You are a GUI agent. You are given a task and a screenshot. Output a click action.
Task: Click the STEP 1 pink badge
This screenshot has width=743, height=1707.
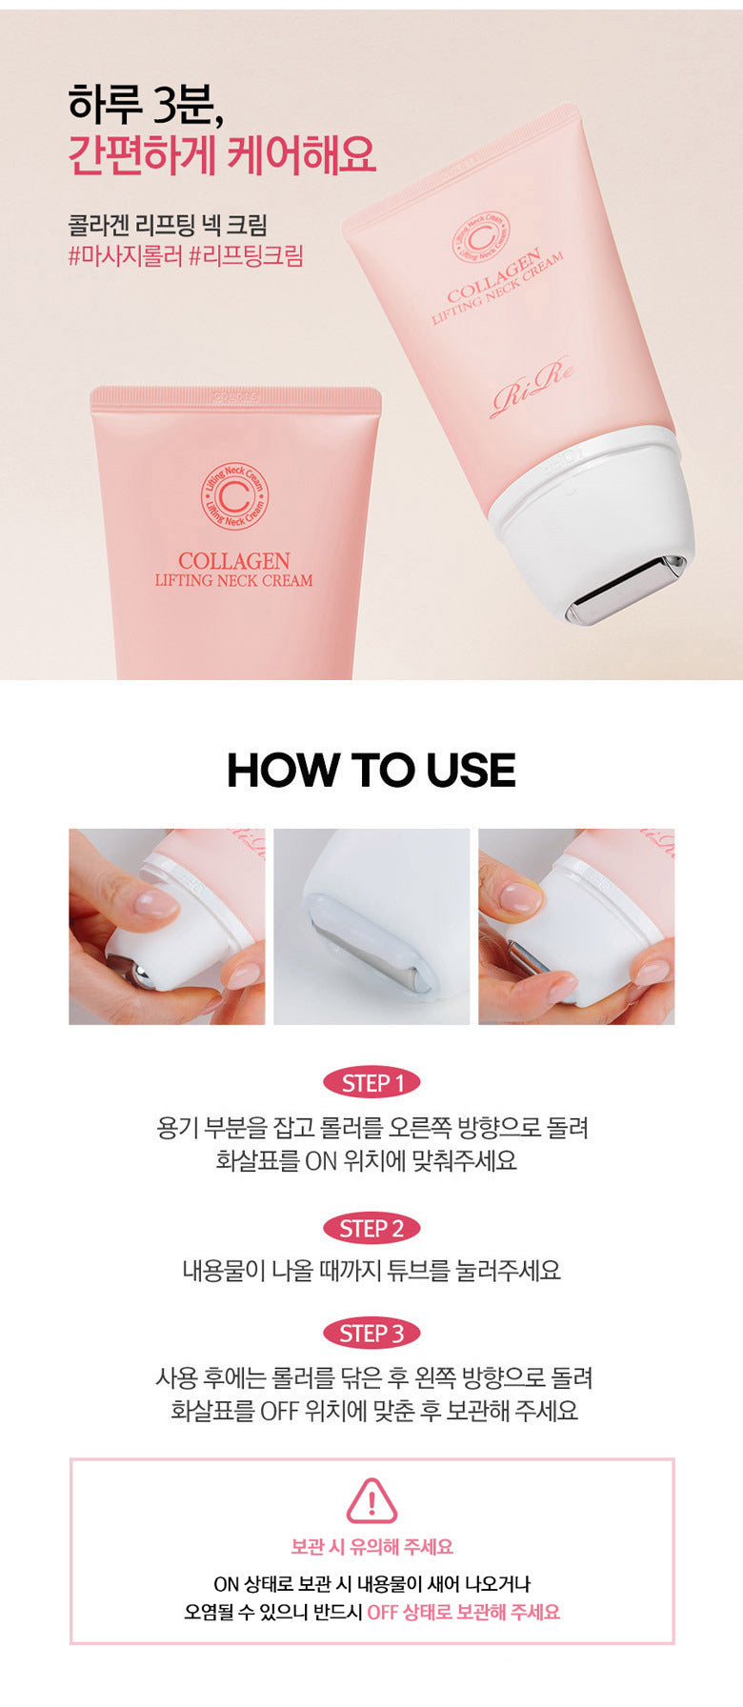click(x=371, y=1083)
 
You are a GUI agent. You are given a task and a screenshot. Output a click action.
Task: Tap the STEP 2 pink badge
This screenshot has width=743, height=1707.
click(x=371, y=1229)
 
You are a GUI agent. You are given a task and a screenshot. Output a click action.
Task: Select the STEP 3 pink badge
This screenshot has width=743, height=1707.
click(x=371, y=1334)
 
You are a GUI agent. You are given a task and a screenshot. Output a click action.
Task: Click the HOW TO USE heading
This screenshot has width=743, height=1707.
click(x=371, y=771)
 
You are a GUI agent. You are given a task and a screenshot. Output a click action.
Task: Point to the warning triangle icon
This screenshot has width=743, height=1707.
click(x=371, y=1501)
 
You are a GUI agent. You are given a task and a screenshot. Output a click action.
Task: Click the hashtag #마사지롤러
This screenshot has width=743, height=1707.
click(x=125, y=255)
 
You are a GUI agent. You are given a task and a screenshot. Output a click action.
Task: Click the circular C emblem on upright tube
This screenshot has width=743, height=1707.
click(x=234, y=496)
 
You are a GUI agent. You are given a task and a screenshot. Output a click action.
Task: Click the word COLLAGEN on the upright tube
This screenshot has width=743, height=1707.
click(x=234, y=561)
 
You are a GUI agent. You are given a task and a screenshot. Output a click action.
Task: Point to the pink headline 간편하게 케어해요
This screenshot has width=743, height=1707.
click(x=222, y=155)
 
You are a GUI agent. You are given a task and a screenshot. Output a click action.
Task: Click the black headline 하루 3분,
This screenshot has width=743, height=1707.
click(x=146, y=104)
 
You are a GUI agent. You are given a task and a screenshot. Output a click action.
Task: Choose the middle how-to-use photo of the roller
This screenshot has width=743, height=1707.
click(x=371, y=927)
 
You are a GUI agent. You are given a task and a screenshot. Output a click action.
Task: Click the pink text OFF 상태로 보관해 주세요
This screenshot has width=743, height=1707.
click(x=464, y=1612)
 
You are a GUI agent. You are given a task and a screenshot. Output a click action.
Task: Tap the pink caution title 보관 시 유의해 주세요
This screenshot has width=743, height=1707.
click(x=371, y=1547)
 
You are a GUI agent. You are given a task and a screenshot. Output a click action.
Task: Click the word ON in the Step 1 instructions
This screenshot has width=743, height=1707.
click(x=322, y=1161)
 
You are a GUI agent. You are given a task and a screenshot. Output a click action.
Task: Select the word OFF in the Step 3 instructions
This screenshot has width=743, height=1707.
click(x=280, y=1411)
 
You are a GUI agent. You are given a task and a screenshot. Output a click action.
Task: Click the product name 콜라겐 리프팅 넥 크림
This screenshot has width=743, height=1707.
click(x=168, y=225)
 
